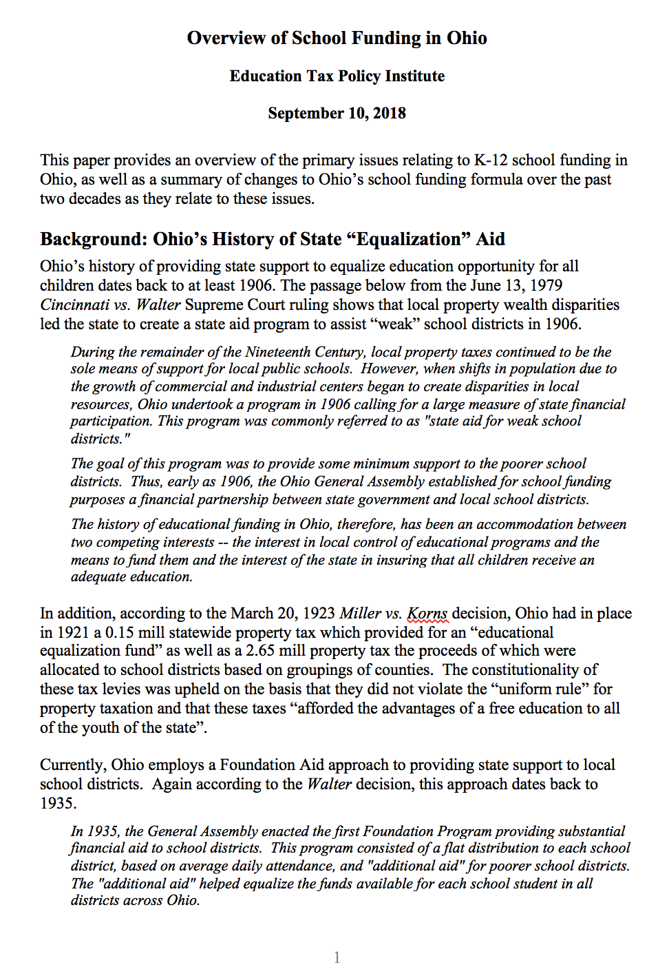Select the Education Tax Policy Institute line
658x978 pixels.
[x=337, y=76]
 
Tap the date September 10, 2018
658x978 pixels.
[x=337, y=113]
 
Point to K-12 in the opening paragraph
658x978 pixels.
[x=490, y=160]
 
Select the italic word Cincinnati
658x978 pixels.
[x=74, y=304]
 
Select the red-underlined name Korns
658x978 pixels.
[x=427, y=613]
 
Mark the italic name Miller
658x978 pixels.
[x=360, y=613]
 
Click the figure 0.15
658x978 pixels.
[x=119, y=632]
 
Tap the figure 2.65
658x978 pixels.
[x=264, y=651]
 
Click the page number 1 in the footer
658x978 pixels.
[x=337, y=957]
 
